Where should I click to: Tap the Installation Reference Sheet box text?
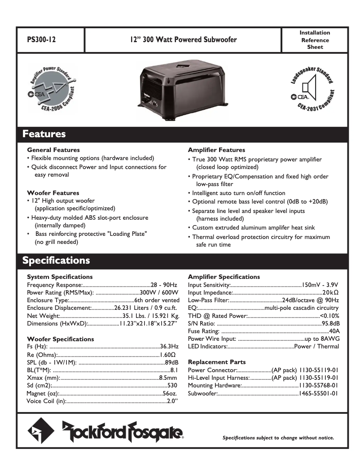315,39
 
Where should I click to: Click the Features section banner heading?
44,134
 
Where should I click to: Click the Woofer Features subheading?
53,193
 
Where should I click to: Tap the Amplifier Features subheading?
216,150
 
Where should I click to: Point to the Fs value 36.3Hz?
169,347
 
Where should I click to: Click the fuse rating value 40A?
334,330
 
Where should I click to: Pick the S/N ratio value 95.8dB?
331,323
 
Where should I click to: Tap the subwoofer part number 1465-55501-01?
318,393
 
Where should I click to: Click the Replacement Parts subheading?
216,362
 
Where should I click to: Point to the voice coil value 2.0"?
172,401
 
